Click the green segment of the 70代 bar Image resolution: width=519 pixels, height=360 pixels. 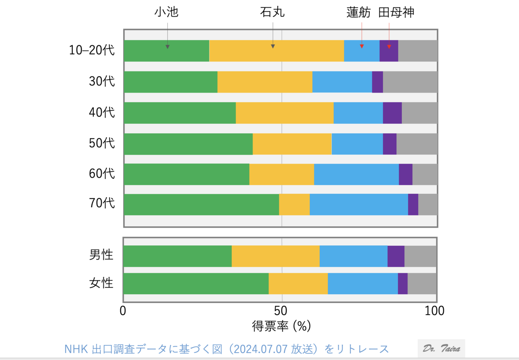click(201, 205)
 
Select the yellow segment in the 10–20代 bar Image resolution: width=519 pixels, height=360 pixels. click(276, 51)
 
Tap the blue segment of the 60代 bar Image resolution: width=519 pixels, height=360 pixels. click(356, 174)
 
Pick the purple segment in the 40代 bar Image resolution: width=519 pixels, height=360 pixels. click(392, 113)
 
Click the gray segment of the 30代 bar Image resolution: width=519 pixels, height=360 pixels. click(410, 82)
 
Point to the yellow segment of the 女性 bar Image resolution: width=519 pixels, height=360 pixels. click(298, 283)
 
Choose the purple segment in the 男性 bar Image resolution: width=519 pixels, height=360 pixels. click(396, 256)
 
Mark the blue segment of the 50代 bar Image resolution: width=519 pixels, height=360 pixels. click(357, 144)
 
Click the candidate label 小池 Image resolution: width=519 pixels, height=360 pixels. click(167, 13)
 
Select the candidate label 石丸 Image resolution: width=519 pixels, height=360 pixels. click(272, 13)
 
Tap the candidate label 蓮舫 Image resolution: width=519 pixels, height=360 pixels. click(359, 13)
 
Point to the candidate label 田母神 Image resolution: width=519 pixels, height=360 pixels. click(396, 13)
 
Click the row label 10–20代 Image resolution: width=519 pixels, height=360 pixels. click(92, 51)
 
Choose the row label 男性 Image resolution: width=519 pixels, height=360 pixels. click(101, 255)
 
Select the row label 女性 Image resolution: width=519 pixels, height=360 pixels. click(101, 283)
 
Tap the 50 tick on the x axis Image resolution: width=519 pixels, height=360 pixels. click(281, 311)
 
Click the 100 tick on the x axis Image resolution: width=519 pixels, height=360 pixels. click(434, 311)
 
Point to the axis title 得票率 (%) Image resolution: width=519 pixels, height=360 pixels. click(281, 326)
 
